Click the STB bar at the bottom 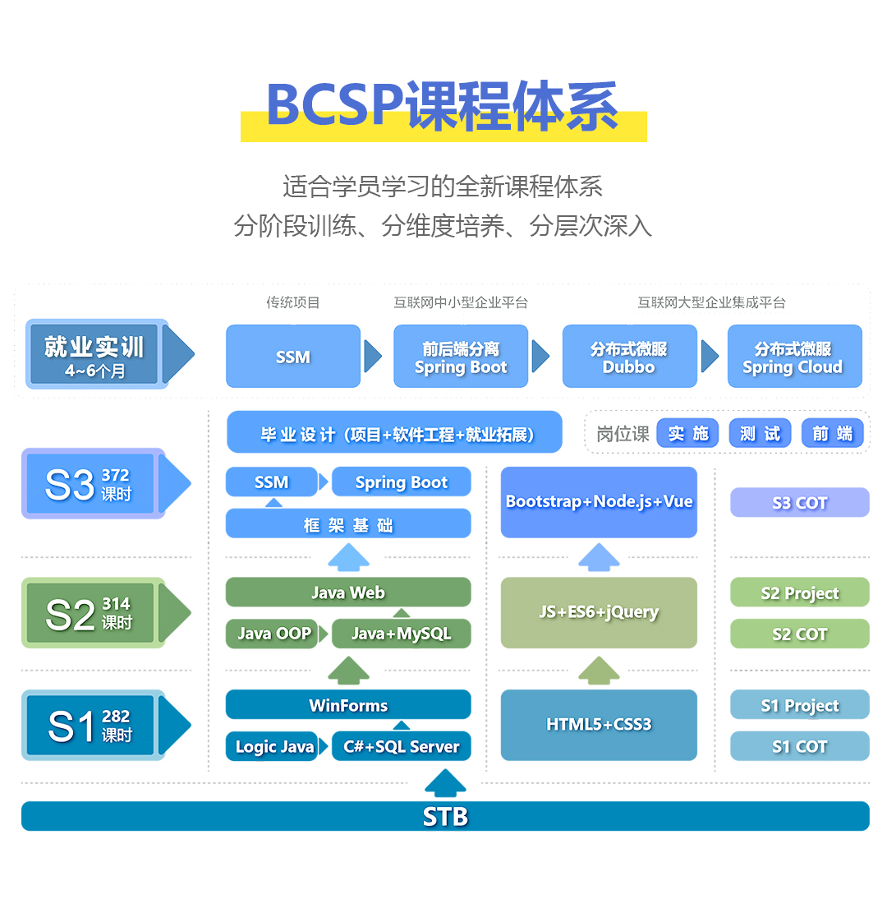(x=445, y=816)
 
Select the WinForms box (x=348, y=705)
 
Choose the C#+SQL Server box (x=401, y=746)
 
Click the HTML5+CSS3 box (x=599, y=725)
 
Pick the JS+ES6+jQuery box (x=599, y=612)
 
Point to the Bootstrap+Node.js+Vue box (x=599, y=502)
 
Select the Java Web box (x=348, y=592)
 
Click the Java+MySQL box (x=401, y=634)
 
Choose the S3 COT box (x=799, y=503)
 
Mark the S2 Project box (x=799, y=592)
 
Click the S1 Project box (x=799, y=705)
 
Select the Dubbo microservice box (x=629, y=357)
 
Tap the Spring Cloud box (x=794, y=357)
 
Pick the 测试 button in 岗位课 (x=760, y=433)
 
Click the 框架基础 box (x=348, y=524)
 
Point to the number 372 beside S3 (x=115, y=475)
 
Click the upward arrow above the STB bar (x=445, y=784)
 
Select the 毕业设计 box (x=395, y=433)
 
